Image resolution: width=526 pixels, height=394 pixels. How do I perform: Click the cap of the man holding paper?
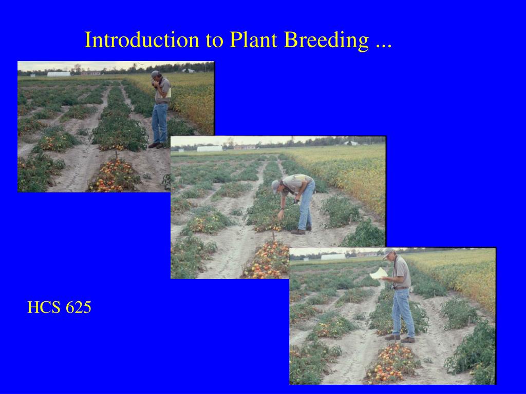[388, 252]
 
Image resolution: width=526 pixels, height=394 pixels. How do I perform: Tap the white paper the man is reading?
[379, 273]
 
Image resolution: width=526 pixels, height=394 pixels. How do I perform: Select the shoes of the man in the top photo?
[157, 146]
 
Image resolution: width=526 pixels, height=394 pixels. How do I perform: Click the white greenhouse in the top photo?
[59, 74]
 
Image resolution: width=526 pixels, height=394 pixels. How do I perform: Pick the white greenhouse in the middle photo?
[210, 149]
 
